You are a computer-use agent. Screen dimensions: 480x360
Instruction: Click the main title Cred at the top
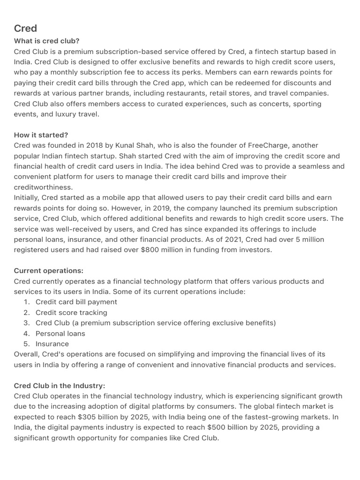coord(25,28)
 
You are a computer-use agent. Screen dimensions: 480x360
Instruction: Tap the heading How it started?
coord(41,135)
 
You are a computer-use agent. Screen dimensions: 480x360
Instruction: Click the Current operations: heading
coord(49,271)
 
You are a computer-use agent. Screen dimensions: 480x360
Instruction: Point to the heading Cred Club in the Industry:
coord(60,386)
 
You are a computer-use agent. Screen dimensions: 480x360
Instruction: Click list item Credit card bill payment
coord(76,302)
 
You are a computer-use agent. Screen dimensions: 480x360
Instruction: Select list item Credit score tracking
coord(71,313)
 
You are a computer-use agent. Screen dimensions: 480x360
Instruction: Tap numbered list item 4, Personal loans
coord(60,334)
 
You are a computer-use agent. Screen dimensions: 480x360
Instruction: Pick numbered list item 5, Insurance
coord(52,344)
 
